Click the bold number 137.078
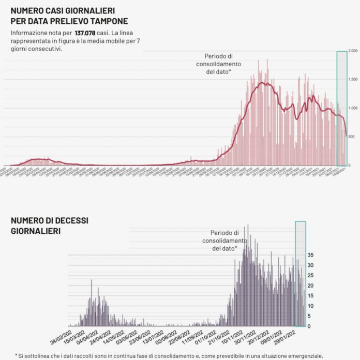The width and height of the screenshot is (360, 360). point(86,33)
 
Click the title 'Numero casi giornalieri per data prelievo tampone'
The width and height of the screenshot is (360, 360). point(69,16)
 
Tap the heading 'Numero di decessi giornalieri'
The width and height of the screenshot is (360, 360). point(50,225)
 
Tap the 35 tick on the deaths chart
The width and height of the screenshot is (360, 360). point(311,255)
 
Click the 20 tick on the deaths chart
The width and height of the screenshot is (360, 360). point(311,286)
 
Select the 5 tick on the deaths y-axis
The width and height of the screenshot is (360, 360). point(310,316)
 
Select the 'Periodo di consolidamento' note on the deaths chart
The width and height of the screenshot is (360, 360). point(224,241)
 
